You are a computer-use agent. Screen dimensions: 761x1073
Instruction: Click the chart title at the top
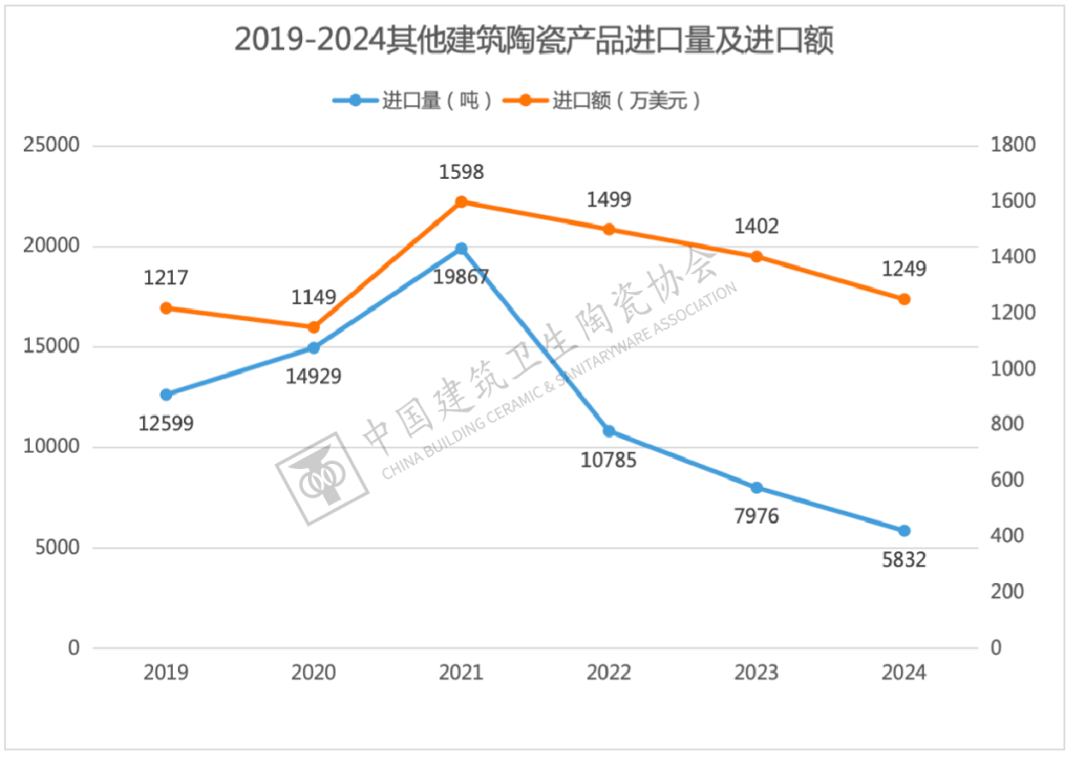point(534,42)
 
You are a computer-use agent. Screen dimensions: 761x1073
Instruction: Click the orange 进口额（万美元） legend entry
point(602,100)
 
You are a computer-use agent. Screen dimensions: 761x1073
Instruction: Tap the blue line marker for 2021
point(461,248)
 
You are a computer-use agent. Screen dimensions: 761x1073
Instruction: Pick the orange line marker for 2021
point(461,202)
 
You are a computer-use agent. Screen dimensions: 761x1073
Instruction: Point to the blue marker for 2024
point(904,531)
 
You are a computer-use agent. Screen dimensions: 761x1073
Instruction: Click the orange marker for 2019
point(166,308)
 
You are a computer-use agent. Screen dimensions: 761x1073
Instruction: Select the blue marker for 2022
point(609,431)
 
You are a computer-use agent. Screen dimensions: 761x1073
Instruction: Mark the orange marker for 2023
point(756,256)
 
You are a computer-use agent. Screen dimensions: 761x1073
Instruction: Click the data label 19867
point(461,276)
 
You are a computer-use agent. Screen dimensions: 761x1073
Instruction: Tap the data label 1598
point(461,173)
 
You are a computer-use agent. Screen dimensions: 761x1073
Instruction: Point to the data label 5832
point(904,560)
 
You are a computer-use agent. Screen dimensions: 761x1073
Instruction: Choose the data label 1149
point(314,297)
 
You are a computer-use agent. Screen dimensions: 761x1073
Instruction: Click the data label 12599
point(166,424)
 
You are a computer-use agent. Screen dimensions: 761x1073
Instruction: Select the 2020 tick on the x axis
point(314,673)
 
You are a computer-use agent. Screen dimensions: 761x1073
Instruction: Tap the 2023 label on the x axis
point(756,673)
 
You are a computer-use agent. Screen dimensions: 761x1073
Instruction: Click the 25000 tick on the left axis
point(52,146)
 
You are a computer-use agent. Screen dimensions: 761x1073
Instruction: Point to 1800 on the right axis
point(1013,146)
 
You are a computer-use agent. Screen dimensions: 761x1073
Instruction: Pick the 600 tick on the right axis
point(1007,481)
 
